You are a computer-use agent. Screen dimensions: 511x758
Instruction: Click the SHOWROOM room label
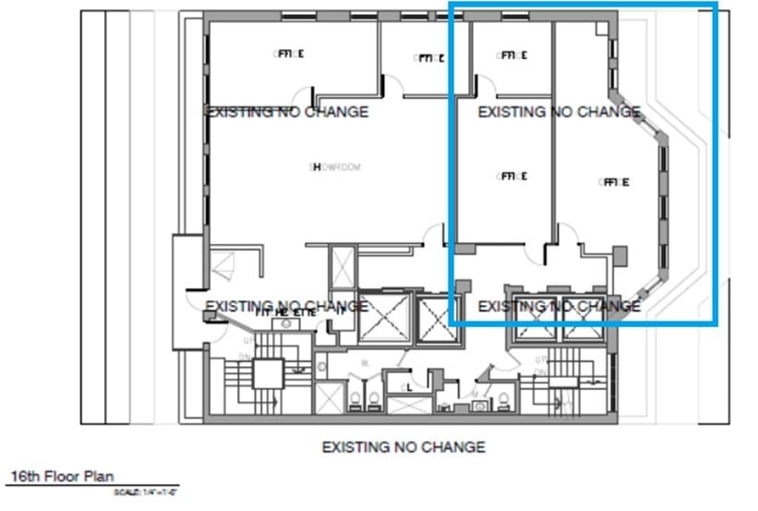334,167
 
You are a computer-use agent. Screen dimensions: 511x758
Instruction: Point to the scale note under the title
145,493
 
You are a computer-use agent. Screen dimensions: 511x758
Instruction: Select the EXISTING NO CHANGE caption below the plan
403,447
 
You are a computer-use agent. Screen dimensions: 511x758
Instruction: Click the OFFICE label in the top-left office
288,55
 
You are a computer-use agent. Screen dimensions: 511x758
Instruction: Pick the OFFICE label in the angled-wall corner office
612,182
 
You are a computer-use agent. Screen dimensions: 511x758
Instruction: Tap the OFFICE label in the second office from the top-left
428,58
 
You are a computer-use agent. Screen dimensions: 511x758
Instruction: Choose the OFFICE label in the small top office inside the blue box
511,55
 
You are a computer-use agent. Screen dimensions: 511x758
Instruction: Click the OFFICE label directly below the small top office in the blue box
511,176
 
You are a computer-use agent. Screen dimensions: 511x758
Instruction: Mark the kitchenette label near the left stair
286,312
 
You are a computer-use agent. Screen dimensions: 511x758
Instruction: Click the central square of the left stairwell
267,373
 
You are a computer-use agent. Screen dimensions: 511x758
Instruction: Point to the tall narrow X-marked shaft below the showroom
342,268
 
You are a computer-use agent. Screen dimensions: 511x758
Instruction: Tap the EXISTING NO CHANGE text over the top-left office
286,112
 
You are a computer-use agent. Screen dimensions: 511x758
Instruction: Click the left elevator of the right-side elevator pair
533,319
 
